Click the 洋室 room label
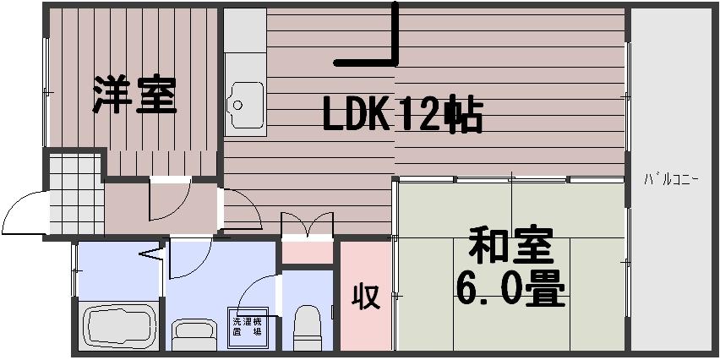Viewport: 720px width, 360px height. tap(135, 95)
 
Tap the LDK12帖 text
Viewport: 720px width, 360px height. tap(402, 116)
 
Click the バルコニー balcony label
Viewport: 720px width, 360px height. tap(671, 179)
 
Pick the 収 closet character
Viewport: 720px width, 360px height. tap(366, 297)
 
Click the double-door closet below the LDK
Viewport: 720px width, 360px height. tap(306, 226)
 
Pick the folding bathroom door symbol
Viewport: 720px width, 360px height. tap(151, 253)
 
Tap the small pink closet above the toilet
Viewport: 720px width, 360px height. tap(306, 252)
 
